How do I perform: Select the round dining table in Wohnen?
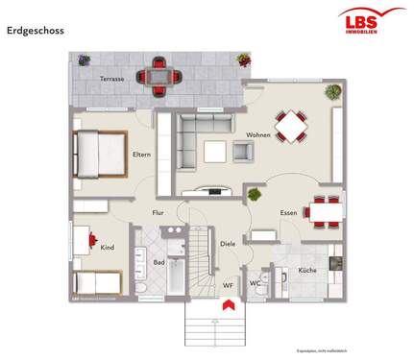click(291, 125)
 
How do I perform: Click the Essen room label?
click(287, 212)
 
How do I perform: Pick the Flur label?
click(158, 212)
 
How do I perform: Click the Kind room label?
click(107, 248)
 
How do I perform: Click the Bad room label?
click(158, 261)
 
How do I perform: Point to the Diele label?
click(228, 244)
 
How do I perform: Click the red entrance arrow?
click(229, 304)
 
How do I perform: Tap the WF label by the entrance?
click(228, 285)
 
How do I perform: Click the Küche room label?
click(306, 271)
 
